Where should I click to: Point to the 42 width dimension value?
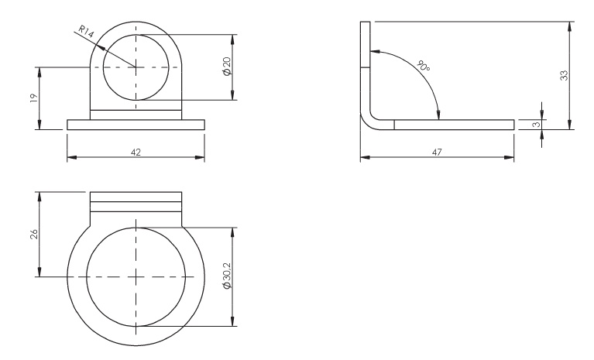pyautogui.click(x=136, y=153)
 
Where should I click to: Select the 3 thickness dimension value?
pyautogui.click(x=535, y=124)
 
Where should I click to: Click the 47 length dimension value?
pyautogui.click(x=438, y=153)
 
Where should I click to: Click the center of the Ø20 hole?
pyautogui.click(x=136, y=67)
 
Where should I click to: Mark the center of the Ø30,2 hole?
pyautogui.click(x=136, y=277)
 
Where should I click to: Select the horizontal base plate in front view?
pyautogui.click(x=136, y=125)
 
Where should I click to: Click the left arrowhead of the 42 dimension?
pyautogui.click(x=70, y=158)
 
